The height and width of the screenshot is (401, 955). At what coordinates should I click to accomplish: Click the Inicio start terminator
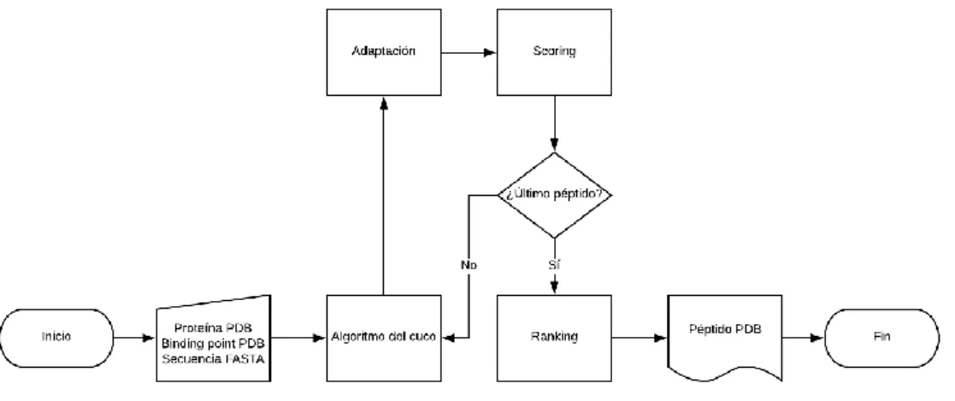(x=56, y=338)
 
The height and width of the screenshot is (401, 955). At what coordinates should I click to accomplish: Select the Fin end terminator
(x=882, y=338)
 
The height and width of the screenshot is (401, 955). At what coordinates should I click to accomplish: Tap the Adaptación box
(x=384, y=52)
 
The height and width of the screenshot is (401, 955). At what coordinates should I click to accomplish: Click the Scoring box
(x=554, y=52)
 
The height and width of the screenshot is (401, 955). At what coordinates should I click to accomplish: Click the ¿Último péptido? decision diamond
(x=554, y=195)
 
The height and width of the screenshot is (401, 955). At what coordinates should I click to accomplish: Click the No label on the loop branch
(x=469, y=265)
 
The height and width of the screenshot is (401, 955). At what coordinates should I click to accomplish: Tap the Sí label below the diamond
(x=554, y=265)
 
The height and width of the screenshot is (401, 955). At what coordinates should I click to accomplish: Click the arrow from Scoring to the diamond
(x=554, y=124)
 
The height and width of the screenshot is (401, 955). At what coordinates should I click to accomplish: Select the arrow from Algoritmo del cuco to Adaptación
(x=384, y=195)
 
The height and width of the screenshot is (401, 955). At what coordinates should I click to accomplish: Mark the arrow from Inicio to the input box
(x=134, y=338)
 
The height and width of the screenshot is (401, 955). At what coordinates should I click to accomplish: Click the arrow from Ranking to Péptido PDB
(x=640, y=338)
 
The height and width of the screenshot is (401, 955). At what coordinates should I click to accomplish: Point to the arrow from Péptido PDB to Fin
(x=804, y=338)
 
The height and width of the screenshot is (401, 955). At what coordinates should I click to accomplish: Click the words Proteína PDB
(x=213, y=327)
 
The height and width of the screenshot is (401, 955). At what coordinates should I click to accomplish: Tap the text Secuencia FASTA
(x=213, y=360)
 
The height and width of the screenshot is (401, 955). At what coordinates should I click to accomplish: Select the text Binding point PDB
(x=213, y=344)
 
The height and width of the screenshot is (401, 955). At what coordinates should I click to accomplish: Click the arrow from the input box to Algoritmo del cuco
(x=298, y=338)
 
